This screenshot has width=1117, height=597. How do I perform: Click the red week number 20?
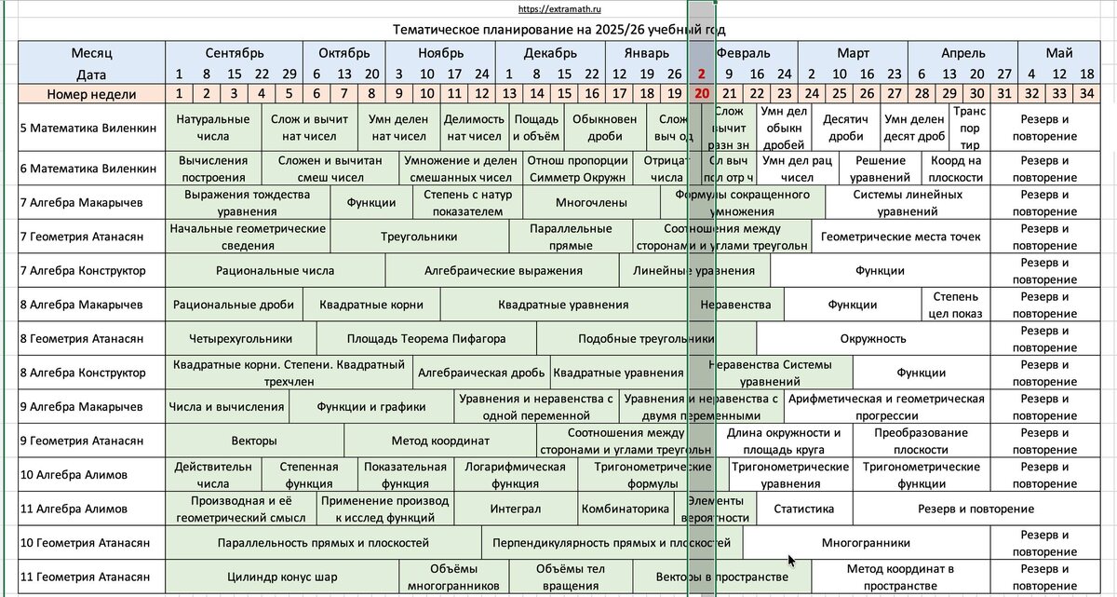click(x=702, y=93)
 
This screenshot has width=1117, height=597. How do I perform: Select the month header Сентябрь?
click(x=235, y=53)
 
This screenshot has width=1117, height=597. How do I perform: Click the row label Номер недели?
click(x=91, y=93)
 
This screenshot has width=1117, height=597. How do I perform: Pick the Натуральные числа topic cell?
click(x=212, y=128)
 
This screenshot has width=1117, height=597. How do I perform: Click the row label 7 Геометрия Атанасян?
click(x=82, y=237)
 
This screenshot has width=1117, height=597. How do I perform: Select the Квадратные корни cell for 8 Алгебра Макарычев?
click(x=370, y=305)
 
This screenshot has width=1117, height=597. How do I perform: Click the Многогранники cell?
click(x=866, y=543)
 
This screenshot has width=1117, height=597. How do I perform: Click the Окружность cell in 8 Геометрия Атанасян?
click(x=873, y=339)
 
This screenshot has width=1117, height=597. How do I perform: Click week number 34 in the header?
click(x=1086, y=93)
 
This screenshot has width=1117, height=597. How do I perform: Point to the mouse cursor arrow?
click(x=790, y=560)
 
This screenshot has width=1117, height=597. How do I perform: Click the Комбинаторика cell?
click(x=626, y=509)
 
